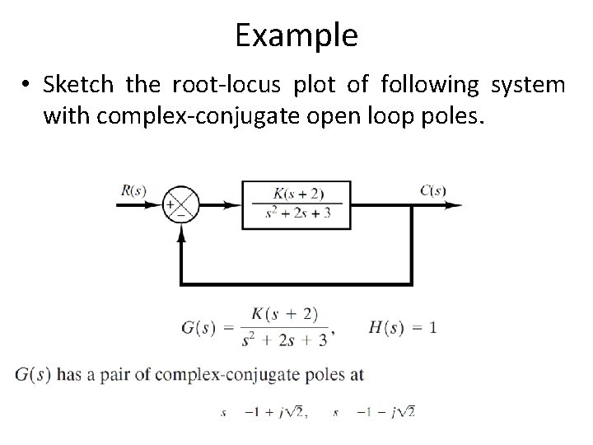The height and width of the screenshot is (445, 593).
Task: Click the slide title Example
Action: click(x=296, y=35)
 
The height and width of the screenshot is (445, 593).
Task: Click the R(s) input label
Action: click(x=133, y=190)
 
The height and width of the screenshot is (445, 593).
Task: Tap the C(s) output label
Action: click(x=433, y=190)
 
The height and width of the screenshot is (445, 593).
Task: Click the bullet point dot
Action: click(x=29, y=86)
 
